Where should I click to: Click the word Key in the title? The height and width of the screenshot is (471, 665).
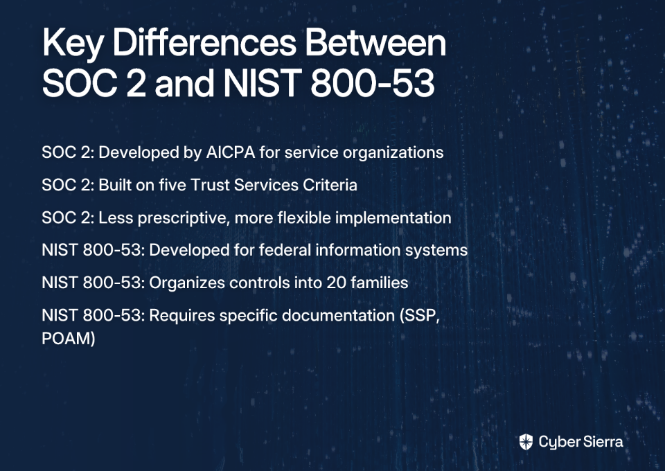tap(71, 44)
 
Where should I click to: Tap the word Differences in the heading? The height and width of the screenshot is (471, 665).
tap(204, 42)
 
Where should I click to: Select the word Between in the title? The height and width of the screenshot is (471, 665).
tap(375, 42)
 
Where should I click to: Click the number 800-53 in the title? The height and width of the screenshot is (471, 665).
tap(373, 82)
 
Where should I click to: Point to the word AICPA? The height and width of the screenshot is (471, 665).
tap(230, 152)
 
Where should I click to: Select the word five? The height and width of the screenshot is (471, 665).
tap(172, 185)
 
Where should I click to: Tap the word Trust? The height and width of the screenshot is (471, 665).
tap(209, 185)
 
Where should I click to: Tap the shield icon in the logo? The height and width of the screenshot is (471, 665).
tap(526, 442)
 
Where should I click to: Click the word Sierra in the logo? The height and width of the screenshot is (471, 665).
tap(602, 442)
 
